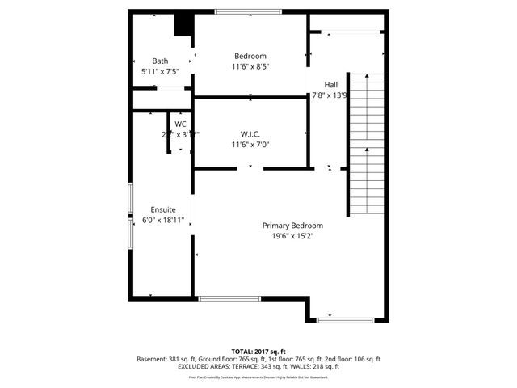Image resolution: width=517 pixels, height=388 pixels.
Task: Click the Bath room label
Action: pyautogui.click(x=160, y=61)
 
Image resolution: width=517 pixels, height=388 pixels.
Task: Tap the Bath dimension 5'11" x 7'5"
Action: pyautogui.click(x=160, y=71)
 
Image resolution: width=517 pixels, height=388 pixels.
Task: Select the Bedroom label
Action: pyautogui.click(x=250, y=56)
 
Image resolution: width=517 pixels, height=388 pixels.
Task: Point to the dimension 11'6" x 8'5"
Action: pyautogui.click(x=250, y=66)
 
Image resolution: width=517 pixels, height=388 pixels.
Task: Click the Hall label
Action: pyautogui.click(x=331, y=84)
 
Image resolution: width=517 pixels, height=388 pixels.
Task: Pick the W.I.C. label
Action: pyautogui.click(x=250, y=134)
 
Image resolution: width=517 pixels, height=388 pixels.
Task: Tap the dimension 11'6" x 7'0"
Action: pyautogui.click(x=250, y=145)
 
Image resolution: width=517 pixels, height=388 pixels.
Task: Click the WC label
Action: pyautogui.click(x=180, y=124)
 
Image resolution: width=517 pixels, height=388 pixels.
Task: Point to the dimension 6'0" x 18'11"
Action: pyautogui.click(x=162, y=219)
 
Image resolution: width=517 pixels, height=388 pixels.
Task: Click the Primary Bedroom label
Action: pyautogui.click(x=292, y=226)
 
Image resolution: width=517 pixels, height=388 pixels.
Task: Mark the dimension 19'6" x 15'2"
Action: pyautogui.click(x=292, y=237)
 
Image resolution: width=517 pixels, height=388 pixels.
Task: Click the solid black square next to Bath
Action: pyautogui.click(x=184, y=25)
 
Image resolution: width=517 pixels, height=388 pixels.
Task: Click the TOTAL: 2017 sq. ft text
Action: pyautogui.click(x=258, y=352)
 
